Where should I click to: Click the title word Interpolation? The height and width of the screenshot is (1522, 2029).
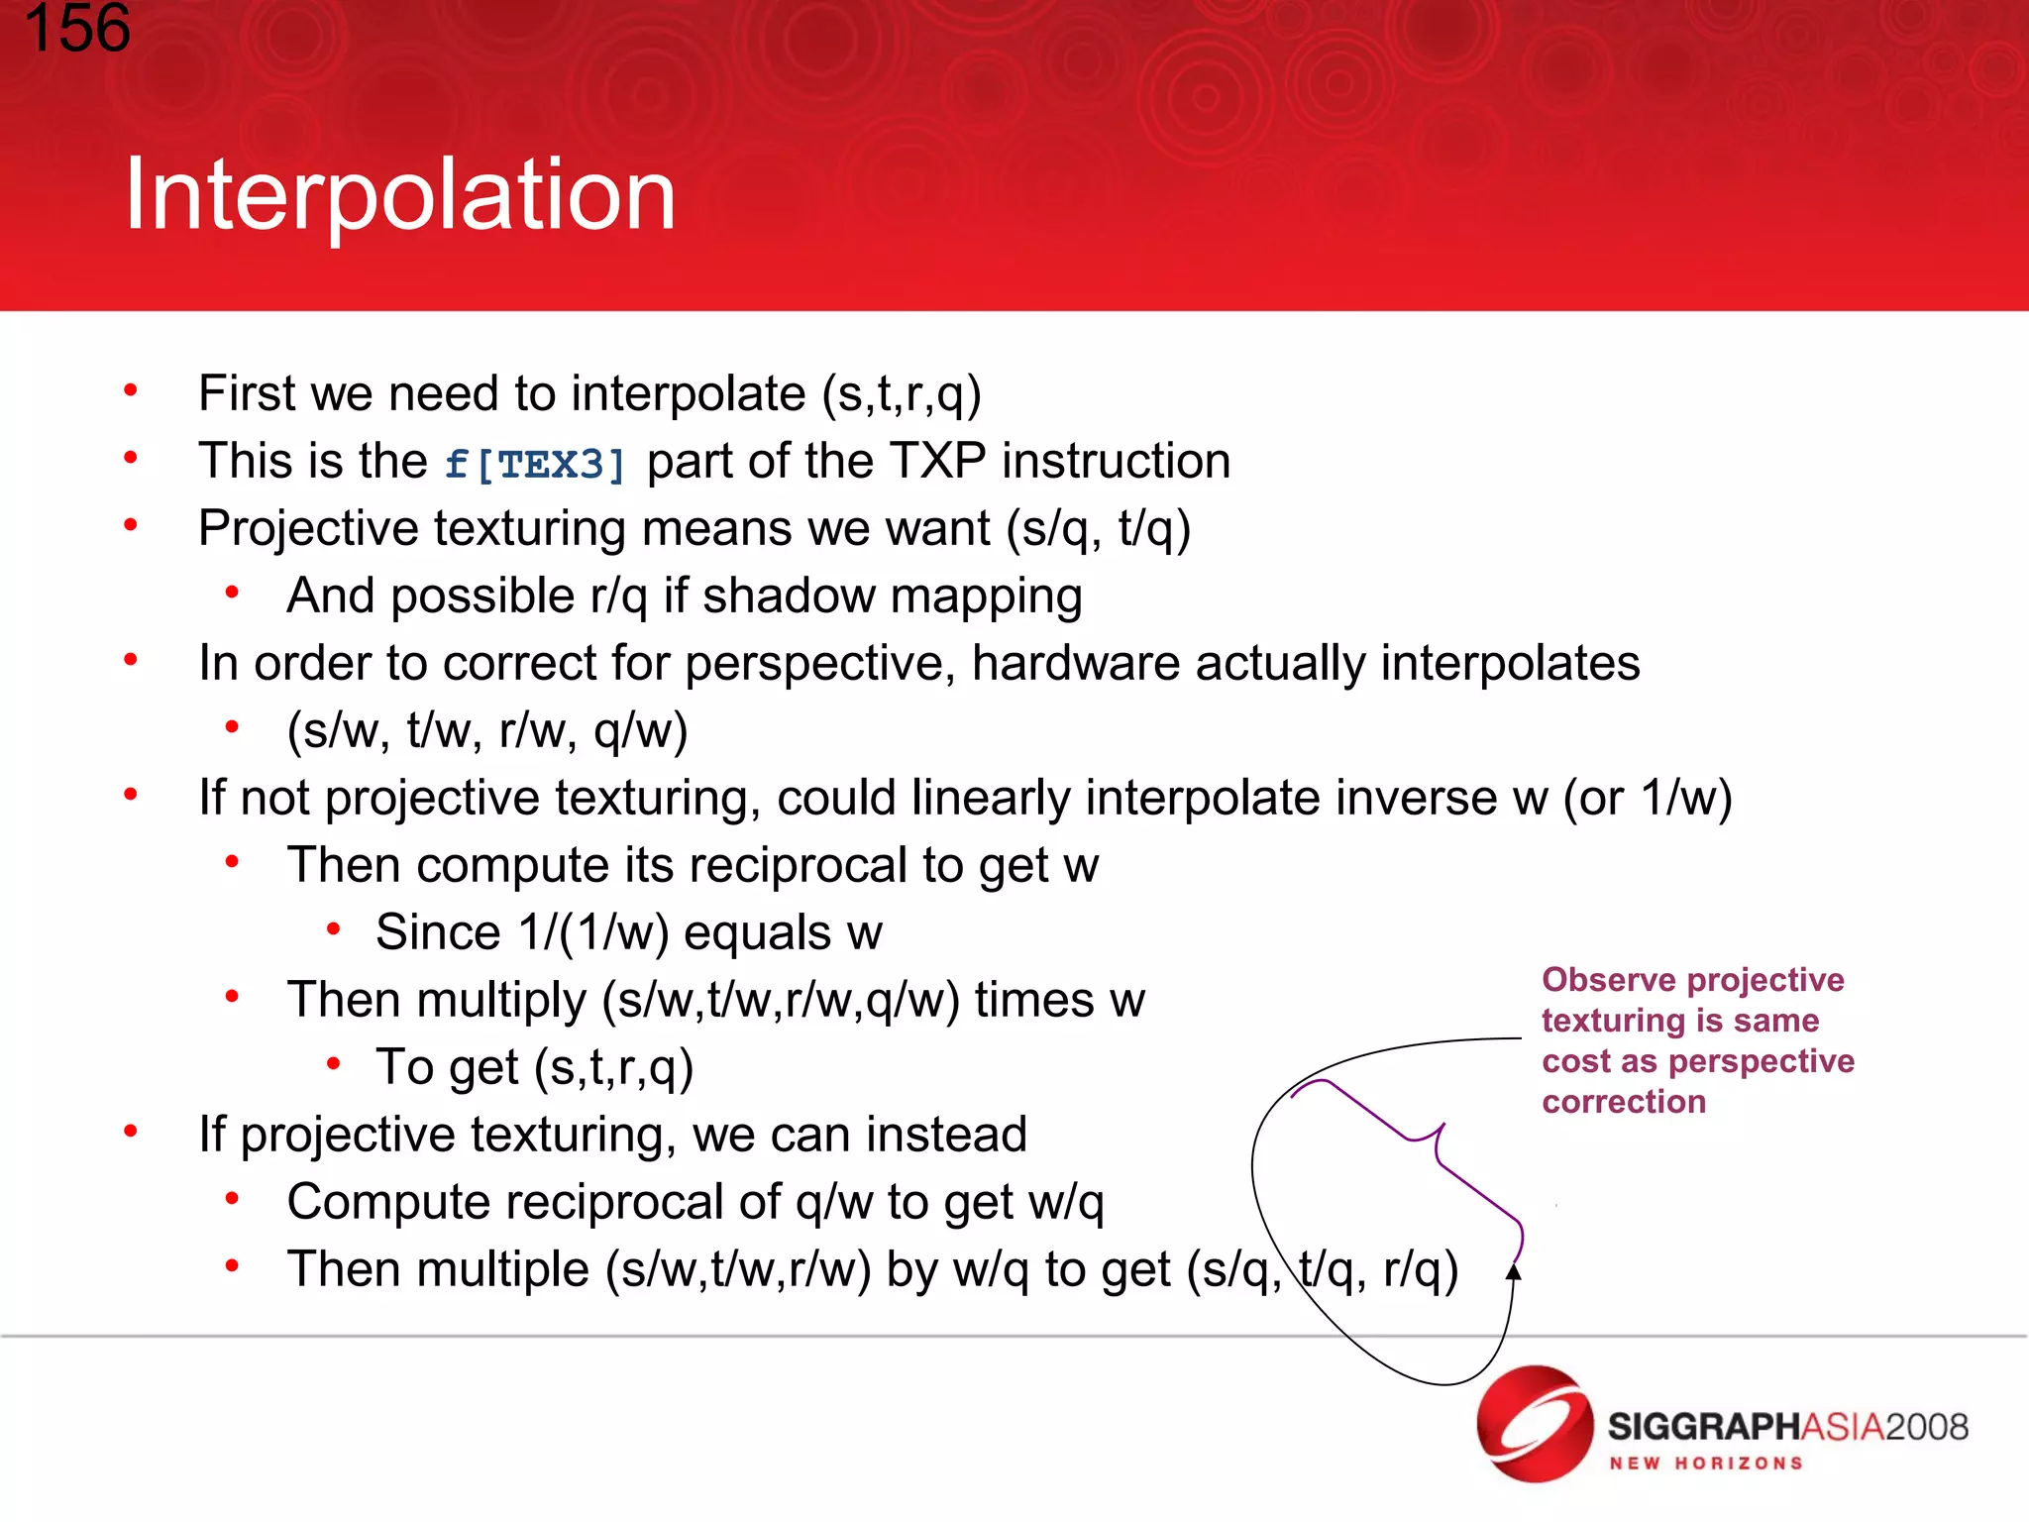point(399,195)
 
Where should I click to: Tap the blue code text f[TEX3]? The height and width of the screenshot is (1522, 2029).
point(535,464)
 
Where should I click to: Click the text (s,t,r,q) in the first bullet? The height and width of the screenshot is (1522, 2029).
point(902,394)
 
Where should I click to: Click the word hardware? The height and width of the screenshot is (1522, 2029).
point(1076,663)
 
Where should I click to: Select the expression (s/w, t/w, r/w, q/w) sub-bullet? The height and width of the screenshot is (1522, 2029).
point(487,731)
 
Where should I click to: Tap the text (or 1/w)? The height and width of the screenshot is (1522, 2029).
point(1648,798)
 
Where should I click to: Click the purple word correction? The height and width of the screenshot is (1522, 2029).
point(1624,1102)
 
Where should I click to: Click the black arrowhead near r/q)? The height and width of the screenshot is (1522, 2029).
point(1514,1272)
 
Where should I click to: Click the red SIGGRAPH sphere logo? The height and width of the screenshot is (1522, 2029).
point(1534,1425)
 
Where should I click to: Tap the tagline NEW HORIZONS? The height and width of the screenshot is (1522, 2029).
point(1705,1464)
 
